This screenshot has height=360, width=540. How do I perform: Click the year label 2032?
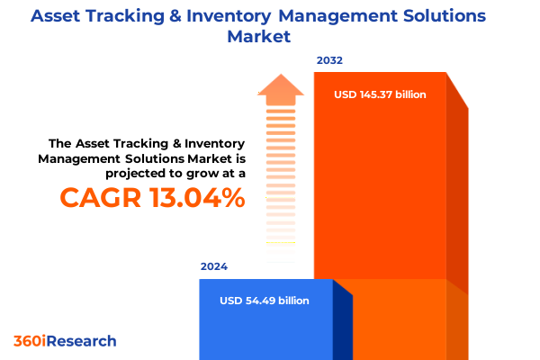(329, 61)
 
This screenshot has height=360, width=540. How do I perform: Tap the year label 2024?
(214, 267)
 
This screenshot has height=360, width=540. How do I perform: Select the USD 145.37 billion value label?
(380, 94)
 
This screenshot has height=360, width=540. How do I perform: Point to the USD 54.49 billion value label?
(264, 300)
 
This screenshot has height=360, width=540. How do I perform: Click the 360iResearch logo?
(65, 341)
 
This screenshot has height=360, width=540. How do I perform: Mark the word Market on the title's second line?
(269, 38)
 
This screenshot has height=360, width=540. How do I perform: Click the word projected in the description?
(139, 172)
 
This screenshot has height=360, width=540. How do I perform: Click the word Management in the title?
(331, 16)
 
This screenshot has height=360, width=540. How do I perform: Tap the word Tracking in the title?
(133, 16)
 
